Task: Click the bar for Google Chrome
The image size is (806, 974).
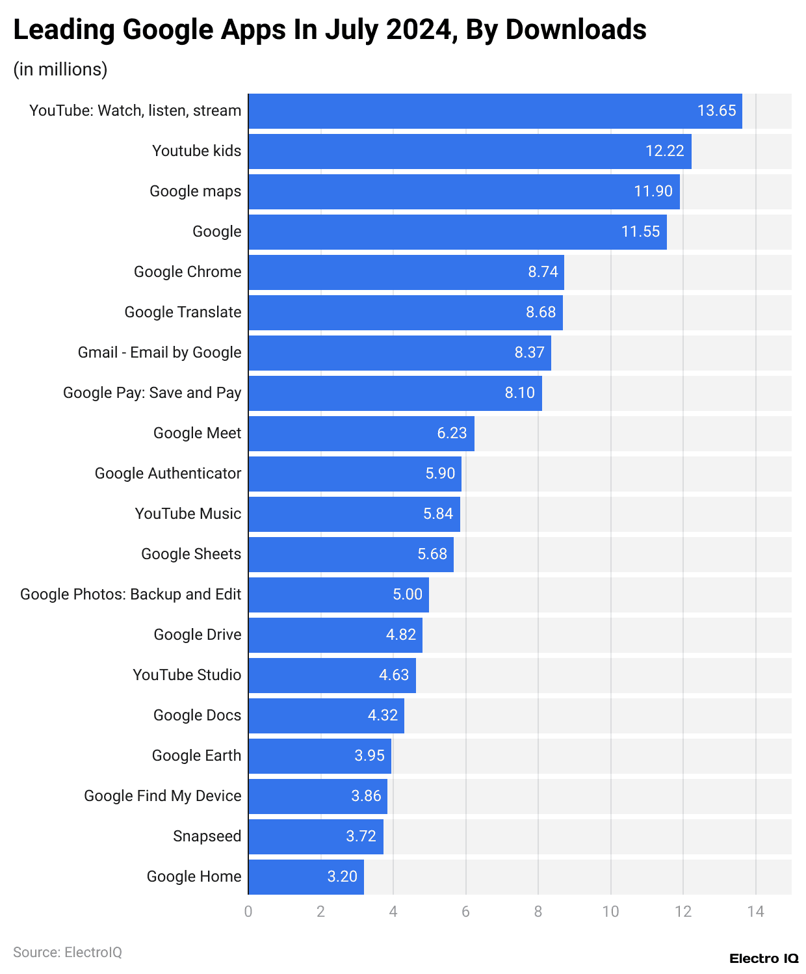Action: click(x=406, y=272)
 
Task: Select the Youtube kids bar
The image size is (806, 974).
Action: click(x=469, y=151)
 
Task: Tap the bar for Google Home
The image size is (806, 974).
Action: click(x=305, y=876)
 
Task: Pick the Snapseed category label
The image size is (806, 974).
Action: click(x=207, y=836)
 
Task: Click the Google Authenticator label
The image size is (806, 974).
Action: click(x=168, y=473)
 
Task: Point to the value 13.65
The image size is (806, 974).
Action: click(x=716, y=111)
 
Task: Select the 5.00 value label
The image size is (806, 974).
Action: click(x=408, y=594)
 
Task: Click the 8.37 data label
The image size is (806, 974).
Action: click(x=529, y=352)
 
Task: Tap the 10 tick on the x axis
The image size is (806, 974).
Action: click(x=610, y=912)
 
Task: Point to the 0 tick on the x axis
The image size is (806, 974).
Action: click(x=248, y=912)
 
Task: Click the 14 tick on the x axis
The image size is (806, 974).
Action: click(x=755, y=912)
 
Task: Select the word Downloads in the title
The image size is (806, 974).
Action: click(x=575, y=30)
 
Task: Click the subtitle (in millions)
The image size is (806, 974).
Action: click(x=60, y=69)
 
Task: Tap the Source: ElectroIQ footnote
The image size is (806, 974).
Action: click(x=68, y=952)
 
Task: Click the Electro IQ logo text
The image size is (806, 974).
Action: click(x=764, y=958)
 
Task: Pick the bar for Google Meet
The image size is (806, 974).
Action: click(x=361, y=433)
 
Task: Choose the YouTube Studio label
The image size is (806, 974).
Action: click(x=187, y=675)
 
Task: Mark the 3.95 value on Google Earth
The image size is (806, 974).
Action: click(x=369, y=756)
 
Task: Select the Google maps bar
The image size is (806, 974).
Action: click(x=463, y=191)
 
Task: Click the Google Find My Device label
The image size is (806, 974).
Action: click(x=162, y=796)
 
